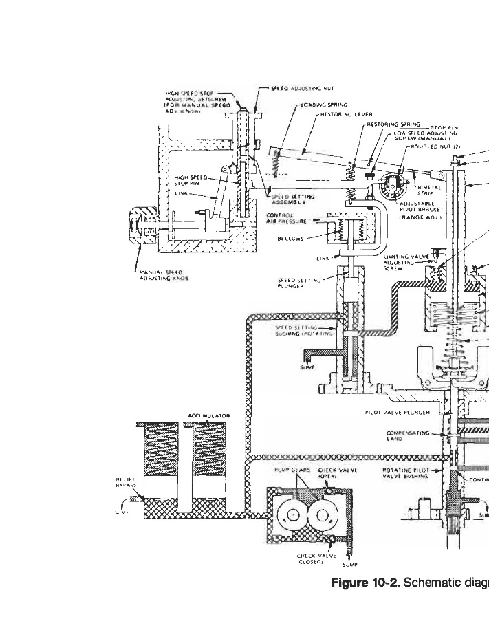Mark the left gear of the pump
[291, 512]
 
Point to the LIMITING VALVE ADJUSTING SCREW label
[401, 261]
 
